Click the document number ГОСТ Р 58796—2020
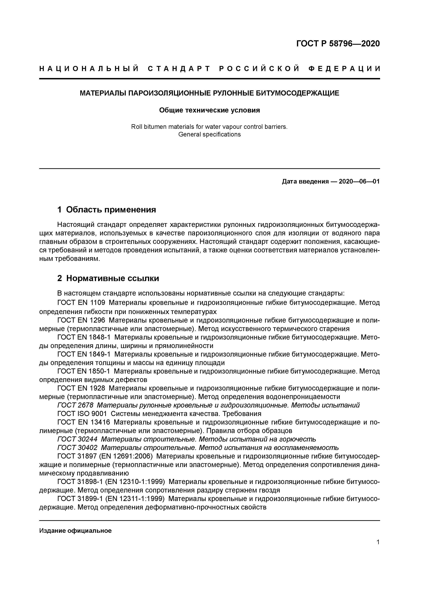pyautogui.click(x=338, y=44)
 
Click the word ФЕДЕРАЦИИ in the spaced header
pyautogui.click(x=344, y=69)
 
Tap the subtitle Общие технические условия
pyautogui.click(x=209, y=110)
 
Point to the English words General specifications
pyautogui.click(x=209, y=134)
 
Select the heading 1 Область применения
pyautogui.click(x=107, y=210)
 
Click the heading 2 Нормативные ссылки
pyautogui.click(x=108, y=278)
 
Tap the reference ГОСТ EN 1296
pyautogui.click(x=81, y=320)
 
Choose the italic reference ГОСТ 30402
pyautogui.click(x=77, y=448)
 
